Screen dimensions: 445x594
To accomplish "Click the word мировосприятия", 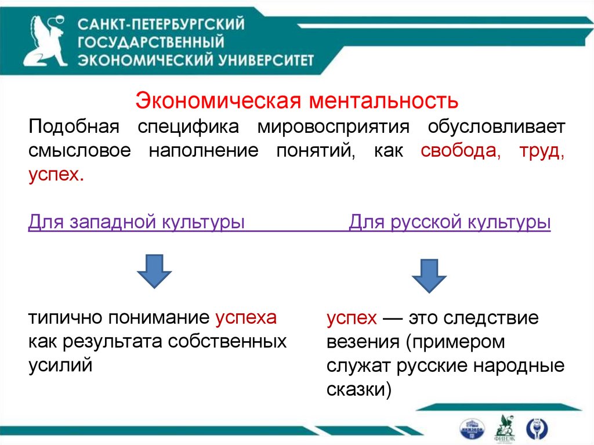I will [x=334, y=126].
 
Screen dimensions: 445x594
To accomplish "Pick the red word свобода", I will [x=459, y=151].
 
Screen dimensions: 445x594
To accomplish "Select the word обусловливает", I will [x=497, y=126].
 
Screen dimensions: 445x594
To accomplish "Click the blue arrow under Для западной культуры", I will [x=154, y=270].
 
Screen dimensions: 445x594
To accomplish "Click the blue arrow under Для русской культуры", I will [x=429, y=274].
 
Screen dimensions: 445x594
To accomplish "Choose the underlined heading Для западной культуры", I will [x=136, y=222].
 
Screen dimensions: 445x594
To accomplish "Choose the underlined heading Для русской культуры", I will [x=450, y=222].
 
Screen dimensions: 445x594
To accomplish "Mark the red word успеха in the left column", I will [x=246, y=317].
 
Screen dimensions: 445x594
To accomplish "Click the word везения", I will [x=360, y=342].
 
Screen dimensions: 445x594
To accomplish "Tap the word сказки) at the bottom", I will [x=359, y=389].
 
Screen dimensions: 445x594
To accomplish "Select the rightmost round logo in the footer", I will [x=537, y=428].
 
